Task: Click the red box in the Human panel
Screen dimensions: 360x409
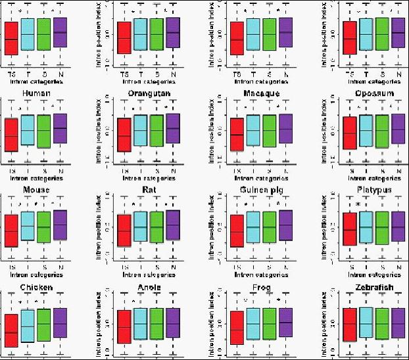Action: [x=11, y=136]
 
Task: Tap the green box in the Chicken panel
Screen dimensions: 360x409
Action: [x=43, y=325]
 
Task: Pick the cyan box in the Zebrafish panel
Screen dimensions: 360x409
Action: [x=367, y=323]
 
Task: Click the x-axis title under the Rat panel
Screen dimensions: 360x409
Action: [x=148, y=275]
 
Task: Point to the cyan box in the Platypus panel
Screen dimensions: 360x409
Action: [x=367, y=228]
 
